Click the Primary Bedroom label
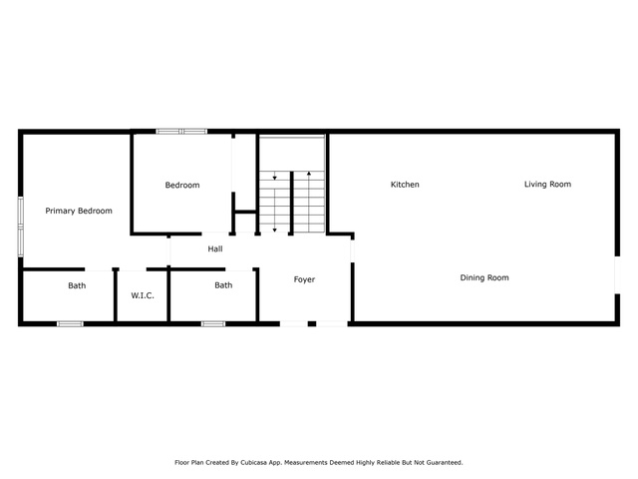click(x=79, y=211)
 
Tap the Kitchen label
click(x=405, y=185)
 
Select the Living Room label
click(x=547, y=184)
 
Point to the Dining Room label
click(x=484, y=277)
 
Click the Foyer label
click(x=304, y=279)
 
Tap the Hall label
click(x=215, y=248)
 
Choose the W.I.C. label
click(x=143, y=295)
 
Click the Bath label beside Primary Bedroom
click(x=77, y=285)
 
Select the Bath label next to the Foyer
click(x=223, y=285)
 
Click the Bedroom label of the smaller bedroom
click(x=182, y=185)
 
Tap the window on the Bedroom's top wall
click(x=181, y=131)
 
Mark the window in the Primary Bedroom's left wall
click(x=20, y=227)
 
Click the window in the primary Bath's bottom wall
click(x=70, y=323)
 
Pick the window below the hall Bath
click(x=213, y=323)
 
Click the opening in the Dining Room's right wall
click(x=617, y=274)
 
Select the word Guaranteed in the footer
click(x=445, y=463)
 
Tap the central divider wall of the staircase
click(x=291, y=204)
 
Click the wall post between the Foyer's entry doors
click(x=312, y=323)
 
